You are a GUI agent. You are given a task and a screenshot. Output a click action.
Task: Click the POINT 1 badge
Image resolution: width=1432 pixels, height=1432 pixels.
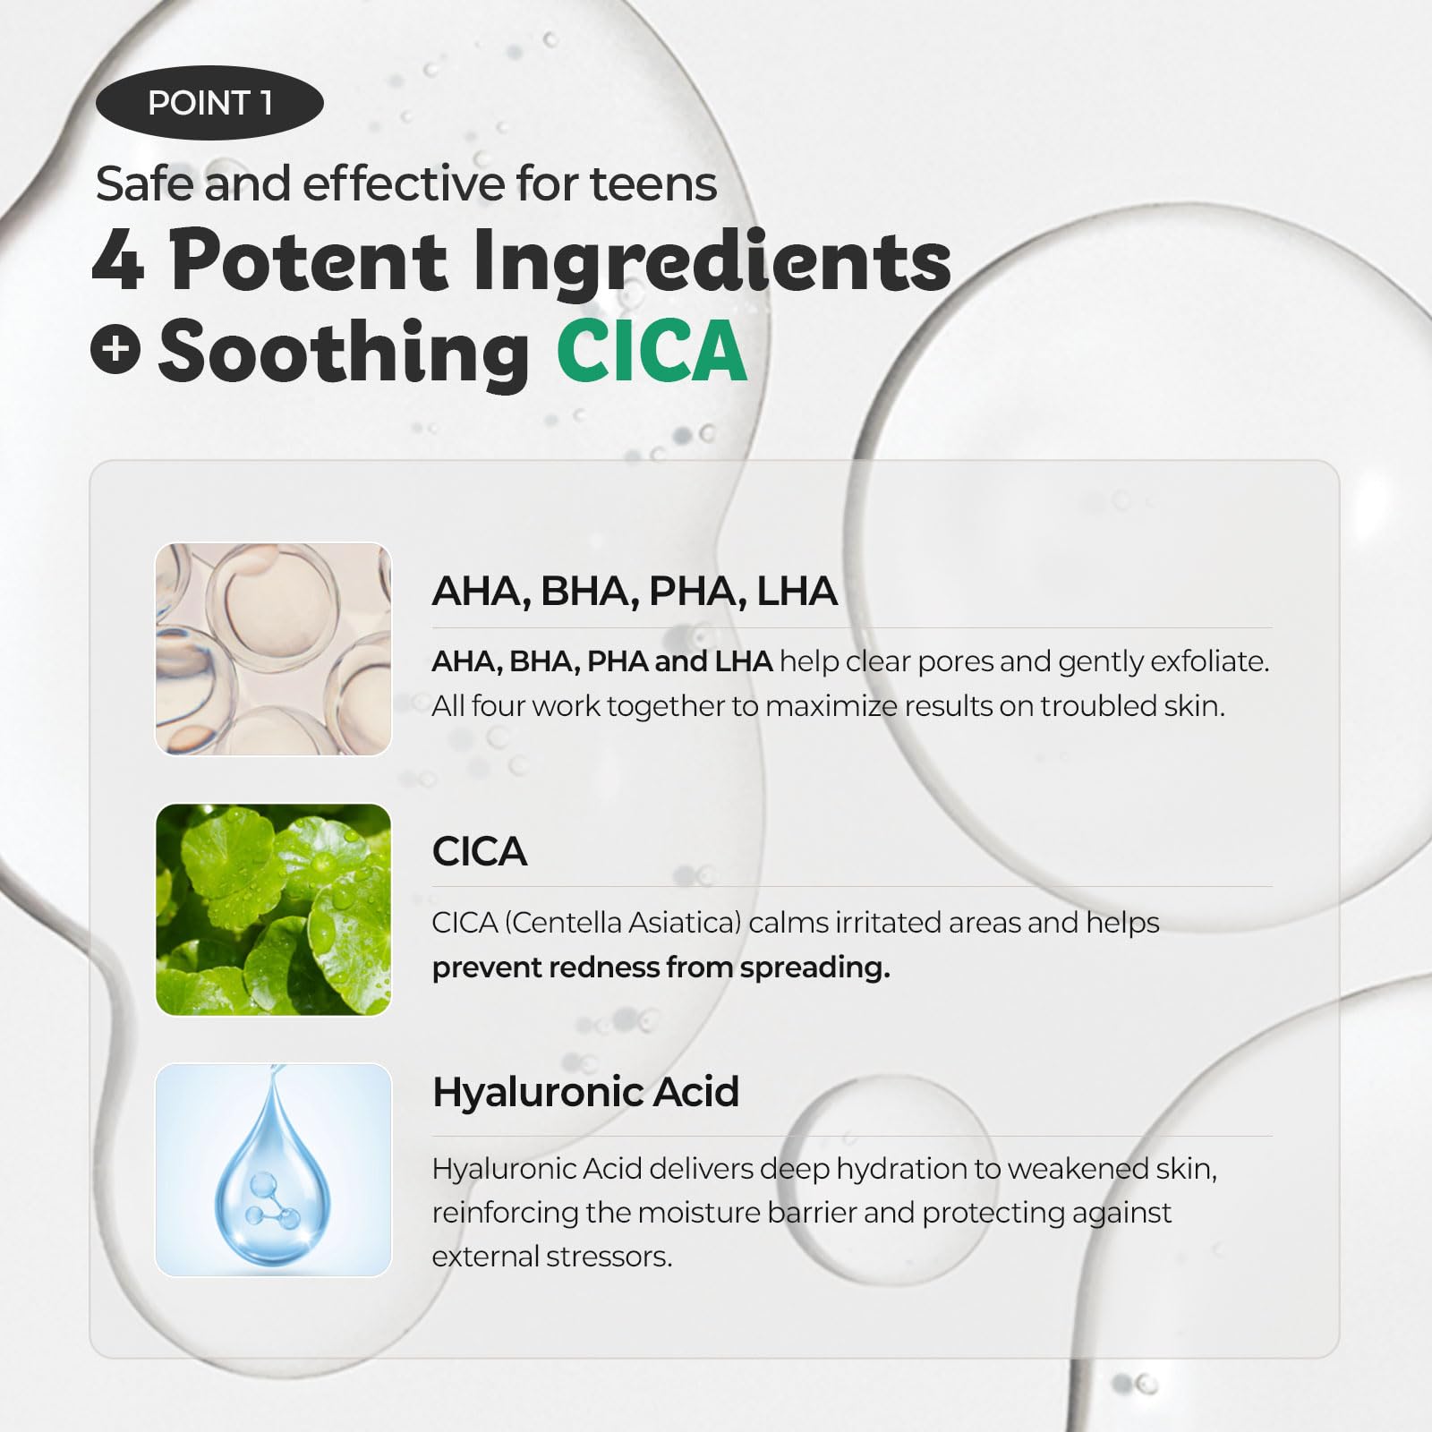[209, 103]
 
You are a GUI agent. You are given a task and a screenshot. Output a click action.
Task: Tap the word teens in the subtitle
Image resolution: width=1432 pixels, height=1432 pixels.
[653, 184]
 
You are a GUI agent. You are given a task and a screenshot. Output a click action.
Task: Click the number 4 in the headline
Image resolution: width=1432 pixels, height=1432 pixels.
[117, 260]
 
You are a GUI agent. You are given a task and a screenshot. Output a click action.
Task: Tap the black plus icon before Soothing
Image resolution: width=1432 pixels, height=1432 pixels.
[116, 348]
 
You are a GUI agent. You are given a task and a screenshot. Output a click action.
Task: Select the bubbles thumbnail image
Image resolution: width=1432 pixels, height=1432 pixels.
[274, 649]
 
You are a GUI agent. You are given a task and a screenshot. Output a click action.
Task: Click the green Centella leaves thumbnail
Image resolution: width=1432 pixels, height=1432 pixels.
[274, 909]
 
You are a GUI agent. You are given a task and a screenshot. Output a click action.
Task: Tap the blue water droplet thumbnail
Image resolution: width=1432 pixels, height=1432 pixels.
[274, 1170]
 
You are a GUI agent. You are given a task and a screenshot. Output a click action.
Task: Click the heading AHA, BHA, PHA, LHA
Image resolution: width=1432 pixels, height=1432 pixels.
[635, 592]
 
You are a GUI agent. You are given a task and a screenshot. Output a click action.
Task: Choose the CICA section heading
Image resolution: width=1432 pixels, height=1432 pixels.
[480, 851]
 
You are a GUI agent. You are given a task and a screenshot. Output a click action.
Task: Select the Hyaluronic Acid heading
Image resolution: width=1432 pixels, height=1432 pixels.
[586, 1093]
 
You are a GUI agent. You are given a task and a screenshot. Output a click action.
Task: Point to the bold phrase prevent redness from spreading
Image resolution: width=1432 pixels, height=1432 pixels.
[661, 967]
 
